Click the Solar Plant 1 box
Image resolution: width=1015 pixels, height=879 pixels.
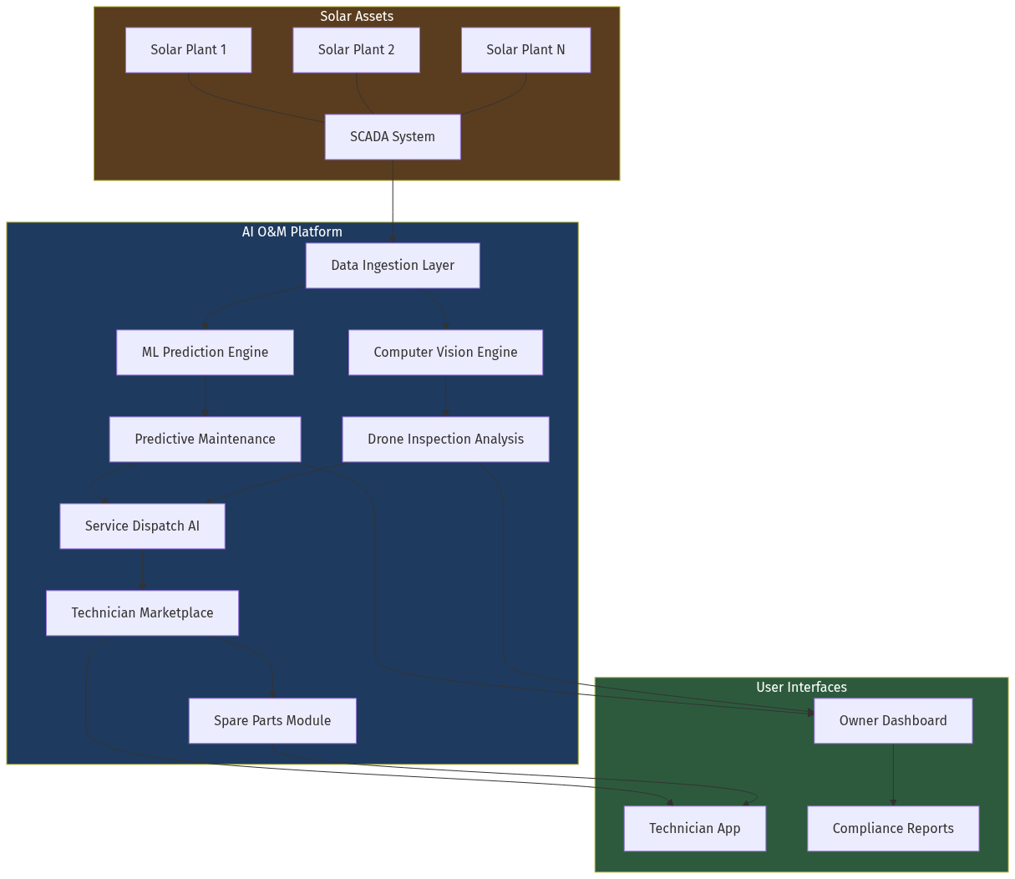[188, 50]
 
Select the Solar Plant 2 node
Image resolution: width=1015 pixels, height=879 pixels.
[356, 50]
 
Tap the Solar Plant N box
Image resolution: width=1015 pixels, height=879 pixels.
[525, 50]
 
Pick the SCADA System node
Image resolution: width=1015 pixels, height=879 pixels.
[393, 137]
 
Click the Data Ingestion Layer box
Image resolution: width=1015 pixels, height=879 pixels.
[393, 266]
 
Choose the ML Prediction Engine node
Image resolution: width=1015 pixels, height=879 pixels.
[205, 353]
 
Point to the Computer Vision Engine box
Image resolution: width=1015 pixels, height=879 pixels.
[445, 353]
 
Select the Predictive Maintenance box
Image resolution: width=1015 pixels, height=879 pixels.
[205, 439]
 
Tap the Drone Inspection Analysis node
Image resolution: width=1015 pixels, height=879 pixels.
[445, 439]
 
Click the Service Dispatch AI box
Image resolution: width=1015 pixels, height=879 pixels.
[142, 526]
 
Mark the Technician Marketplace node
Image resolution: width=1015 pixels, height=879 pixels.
[142, 613]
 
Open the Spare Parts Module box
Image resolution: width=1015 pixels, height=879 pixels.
[272, 721]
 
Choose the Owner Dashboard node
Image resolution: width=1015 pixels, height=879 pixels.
[893, 721]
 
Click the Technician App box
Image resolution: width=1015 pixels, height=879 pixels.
[695, 829]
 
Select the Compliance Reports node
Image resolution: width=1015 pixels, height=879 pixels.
[893, 829]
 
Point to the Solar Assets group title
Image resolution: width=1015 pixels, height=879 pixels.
[357, 17]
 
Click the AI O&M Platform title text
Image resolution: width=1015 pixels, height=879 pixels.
[292, 232]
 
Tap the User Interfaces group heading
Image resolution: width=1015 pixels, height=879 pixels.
[801, 688]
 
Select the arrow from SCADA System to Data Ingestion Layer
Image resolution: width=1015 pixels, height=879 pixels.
[393, 201]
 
